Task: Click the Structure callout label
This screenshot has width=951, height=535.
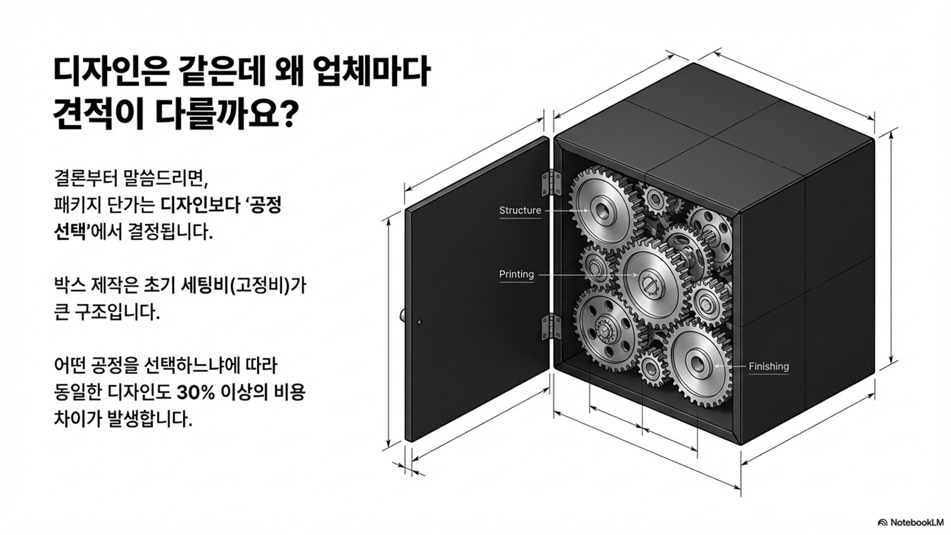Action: (x=520, y=210)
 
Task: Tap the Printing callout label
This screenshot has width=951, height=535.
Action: (x=516, y=274)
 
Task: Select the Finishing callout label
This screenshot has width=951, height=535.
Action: (x=768, y=366)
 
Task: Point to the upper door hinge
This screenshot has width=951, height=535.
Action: (x=550, y=183)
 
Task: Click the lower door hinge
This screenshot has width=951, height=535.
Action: (x=550, y=327)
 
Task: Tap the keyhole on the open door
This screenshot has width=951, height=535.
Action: (x=420, y=323)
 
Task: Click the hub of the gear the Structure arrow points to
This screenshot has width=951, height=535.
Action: (x=602, y=210)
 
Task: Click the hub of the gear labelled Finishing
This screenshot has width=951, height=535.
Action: (x=697, y=363)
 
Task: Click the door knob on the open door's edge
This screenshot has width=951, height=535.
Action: (x=402, y=315)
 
